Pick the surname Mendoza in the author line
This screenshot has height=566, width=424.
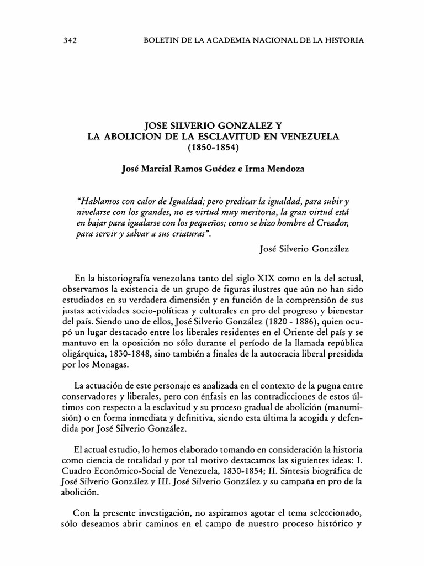click(x=282, y=171)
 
